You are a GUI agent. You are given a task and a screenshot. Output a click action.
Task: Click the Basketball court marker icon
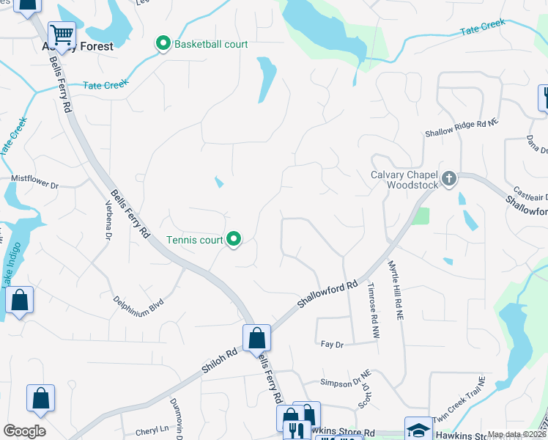click(163, 44)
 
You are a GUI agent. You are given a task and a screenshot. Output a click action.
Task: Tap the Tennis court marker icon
click(234, 240)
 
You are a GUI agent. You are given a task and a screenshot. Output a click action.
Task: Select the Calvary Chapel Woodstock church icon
click(450, 178)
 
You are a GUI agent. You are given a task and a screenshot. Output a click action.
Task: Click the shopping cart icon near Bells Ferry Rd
click(62, 34)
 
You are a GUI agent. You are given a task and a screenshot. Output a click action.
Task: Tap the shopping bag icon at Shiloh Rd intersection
click(256, 338)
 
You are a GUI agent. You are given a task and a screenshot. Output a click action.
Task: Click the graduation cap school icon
click(418, 430)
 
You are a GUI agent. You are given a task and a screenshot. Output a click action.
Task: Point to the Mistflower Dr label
click(34, 177)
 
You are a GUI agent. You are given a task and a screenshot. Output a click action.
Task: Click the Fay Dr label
click(332, 343)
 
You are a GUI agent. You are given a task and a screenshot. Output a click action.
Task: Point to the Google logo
click(24, 431)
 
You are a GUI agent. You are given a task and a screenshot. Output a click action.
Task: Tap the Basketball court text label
click(211, 44)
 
